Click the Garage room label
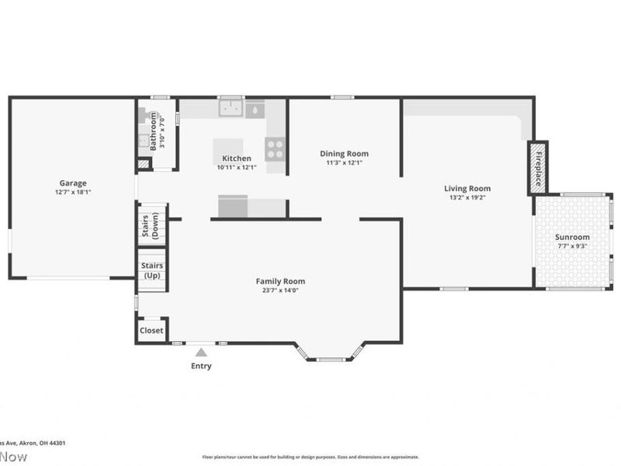(x=73, y=184)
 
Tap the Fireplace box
(x=538, y=167)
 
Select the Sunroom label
(x=571, y=237)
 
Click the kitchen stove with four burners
(x=275, y=148)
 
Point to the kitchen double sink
(x=231, y=109)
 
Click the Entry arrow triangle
(x=201, y=353)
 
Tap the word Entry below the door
(x=201, y=366)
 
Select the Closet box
(x=151, y=330)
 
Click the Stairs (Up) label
(x=151, y=270)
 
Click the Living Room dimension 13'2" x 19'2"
(x=467, y=197)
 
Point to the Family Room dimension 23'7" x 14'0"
(x=280, y=290)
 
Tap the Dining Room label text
(x=344, y=154)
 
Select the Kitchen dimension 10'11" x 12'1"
(x=235, y=167)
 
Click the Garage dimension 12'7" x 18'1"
(x=73, y=193)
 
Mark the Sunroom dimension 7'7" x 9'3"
(x=571, y=246)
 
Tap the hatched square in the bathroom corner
(x=143, y=164)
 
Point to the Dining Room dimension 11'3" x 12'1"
(x=344, y=163)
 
